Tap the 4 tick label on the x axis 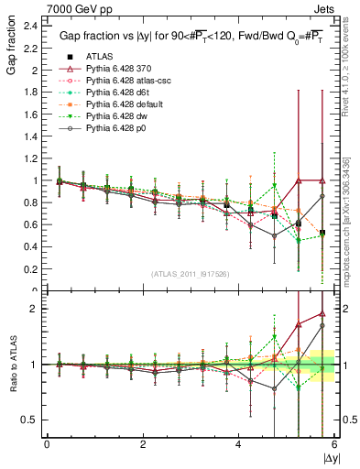pos(238,445)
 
